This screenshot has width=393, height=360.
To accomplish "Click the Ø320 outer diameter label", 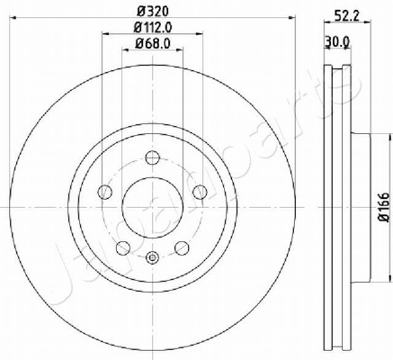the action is point(153,12).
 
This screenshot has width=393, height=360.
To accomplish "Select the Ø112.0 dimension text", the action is point(153,28).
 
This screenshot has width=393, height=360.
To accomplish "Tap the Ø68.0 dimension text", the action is point(153,44).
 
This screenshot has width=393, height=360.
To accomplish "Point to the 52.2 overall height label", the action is point(347,15).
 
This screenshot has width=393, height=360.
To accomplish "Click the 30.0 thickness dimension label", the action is point(337,42).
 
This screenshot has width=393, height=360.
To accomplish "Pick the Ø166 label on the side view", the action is point(384,207).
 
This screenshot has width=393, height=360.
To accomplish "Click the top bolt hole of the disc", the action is point(153,157).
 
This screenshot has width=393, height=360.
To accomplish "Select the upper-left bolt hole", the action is point(105,192).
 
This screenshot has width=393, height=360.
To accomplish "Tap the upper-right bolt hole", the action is point(200,192).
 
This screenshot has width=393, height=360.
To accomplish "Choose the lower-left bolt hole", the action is point(123,248).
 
